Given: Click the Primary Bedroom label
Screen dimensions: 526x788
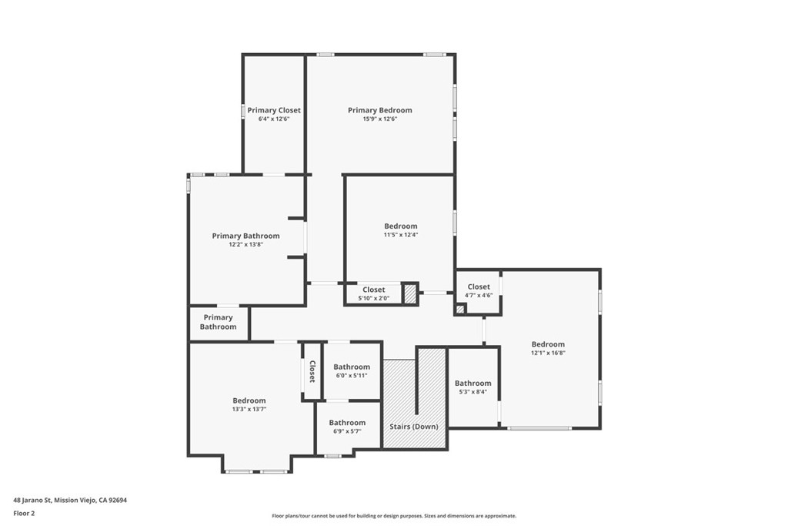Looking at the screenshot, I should click(x=379, y=110).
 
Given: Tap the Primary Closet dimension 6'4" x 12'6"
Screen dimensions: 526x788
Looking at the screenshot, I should click(x=274, y=119).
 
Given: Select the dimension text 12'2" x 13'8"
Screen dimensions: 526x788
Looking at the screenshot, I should click(x=245, y=245).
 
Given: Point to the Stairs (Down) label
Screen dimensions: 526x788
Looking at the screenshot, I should click(x=414, y=427).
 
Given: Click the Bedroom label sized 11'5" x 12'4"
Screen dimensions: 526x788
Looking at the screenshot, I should click(x=400, y=226).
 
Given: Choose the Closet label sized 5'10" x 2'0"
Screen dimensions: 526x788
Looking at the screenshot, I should click(x=374, y=290).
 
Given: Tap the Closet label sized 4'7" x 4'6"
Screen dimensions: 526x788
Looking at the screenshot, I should click(x=478, y=286).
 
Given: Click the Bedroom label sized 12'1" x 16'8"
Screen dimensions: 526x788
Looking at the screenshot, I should click(x=548, y=344).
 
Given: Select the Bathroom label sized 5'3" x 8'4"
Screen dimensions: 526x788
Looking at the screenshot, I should click(x=472, y=383).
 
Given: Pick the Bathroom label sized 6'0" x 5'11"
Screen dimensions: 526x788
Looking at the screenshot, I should click(x=352, y=367).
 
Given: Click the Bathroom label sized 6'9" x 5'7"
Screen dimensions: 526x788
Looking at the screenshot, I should click(x=347, y=422).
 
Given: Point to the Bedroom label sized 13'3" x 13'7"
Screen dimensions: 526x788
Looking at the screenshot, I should click(x=249, y=400).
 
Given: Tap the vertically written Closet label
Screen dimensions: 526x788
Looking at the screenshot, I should click(x=312, y=371).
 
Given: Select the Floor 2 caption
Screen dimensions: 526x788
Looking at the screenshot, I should click(x=24, y=513).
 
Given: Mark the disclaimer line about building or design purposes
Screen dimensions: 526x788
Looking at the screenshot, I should click(x=393, y=516).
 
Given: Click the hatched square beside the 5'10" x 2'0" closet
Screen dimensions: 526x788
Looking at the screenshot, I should click(x=410, y=293).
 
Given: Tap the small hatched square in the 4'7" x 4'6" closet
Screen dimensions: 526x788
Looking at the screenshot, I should click(x=460, y=310).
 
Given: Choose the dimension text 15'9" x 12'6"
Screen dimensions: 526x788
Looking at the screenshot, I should click(x=379, y=119).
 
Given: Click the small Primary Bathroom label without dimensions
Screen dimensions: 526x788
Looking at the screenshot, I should click(x=219, y=322).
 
